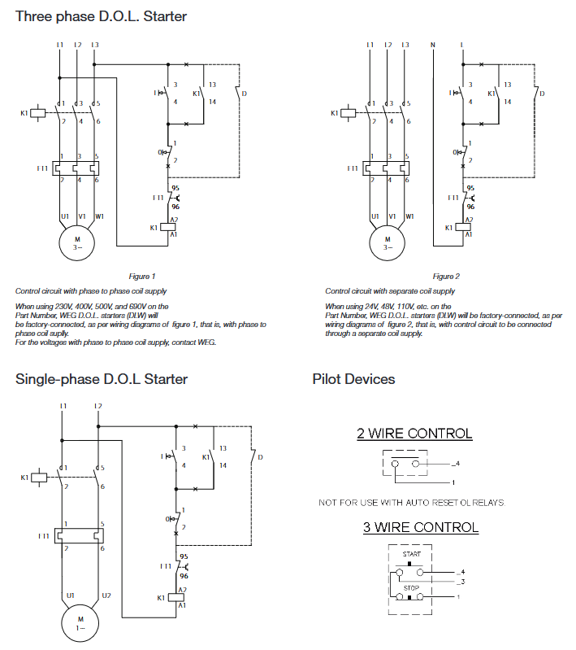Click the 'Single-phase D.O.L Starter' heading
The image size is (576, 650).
102,379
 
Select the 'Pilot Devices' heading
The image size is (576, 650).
353,379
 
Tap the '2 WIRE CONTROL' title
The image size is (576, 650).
414,434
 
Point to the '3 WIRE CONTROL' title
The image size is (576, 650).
420,527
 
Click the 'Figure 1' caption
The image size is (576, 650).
142,277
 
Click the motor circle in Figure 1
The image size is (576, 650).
77,242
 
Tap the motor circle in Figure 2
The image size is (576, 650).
387,242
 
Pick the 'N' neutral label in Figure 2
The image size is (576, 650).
432,44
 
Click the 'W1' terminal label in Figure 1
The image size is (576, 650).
99,216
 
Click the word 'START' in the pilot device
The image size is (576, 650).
412,554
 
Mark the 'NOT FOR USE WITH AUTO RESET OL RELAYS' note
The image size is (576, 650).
411,503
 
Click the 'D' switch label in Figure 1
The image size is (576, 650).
245,94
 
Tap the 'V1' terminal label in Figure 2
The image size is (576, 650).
391,216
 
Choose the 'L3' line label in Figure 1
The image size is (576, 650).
95,44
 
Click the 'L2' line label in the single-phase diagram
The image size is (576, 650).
97,406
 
